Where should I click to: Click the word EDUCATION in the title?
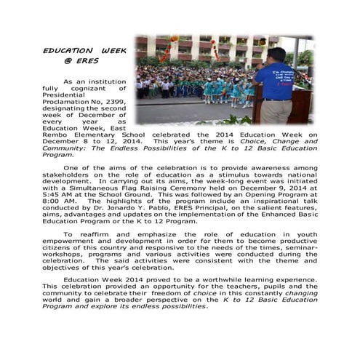coord(64,51)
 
